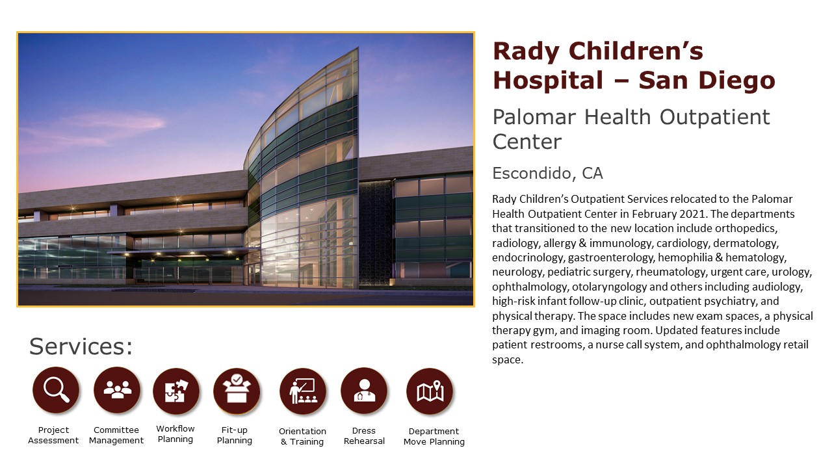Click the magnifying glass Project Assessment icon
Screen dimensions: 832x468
tap(56, 390)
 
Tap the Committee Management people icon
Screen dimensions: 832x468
tap(117, 390)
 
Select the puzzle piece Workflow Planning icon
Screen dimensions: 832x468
tap(176, 391)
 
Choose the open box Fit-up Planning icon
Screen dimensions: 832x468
tap(237, 391)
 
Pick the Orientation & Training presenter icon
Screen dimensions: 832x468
tap(303, 391)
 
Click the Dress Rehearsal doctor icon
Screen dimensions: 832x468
tap(364, 391)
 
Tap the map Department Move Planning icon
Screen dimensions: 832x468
tap(430, 391)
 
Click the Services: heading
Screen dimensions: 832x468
tap(81, 346)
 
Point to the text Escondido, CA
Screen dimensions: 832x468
tap(547, 174)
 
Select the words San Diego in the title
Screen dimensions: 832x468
tap(707, 81)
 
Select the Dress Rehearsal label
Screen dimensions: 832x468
tap(364, 435)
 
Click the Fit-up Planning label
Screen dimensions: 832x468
tap(235, 435)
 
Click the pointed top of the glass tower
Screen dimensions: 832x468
tap(358, 47)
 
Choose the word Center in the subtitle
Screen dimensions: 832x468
tap(526, 142)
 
